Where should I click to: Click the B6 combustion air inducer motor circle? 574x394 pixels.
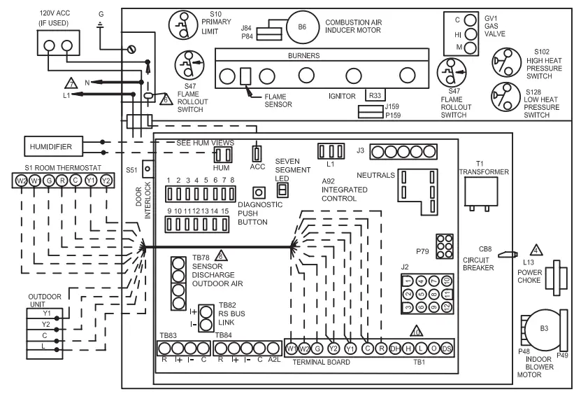pos(302,27)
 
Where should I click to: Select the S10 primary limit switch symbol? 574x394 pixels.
pos(182,26)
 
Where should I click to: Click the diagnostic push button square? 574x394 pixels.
pos(259,192)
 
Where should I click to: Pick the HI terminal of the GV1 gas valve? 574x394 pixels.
pos(471,34)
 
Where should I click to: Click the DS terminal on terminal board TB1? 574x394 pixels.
pos(447,348)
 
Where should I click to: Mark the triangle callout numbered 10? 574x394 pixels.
pos(415,332)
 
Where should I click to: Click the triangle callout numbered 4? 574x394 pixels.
pos(536,249)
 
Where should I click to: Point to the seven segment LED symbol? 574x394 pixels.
pos(282,190)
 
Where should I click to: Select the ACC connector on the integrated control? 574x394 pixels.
pos(257,153)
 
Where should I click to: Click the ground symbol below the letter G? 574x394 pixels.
pos(101,27)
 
